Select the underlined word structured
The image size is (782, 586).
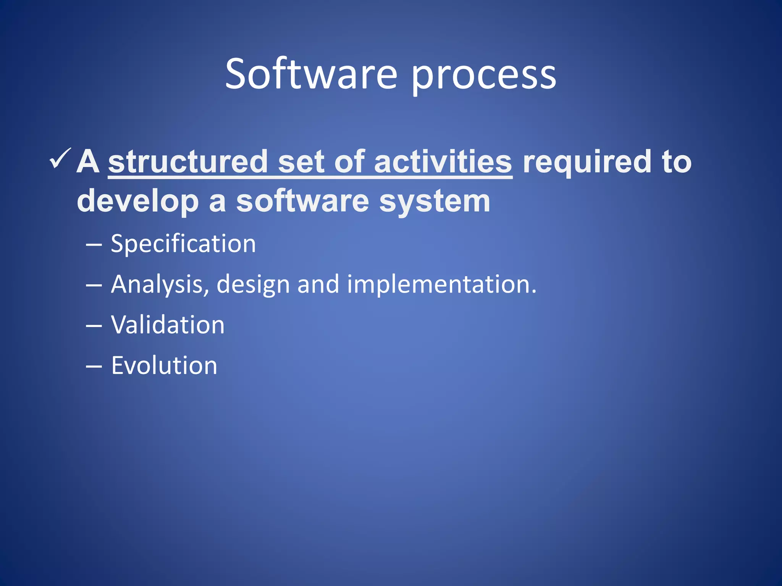(188, 161)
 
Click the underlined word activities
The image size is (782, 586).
(443, 161)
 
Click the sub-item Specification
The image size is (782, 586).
(183, 244)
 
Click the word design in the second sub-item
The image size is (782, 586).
(253, 285)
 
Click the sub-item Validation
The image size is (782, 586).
(168, 325)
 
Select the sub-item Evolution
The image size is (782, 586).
(164, 365)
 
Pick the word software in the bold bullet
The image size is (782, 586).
(302, 201)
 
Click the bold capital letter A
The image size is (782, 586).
(88, 161)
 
